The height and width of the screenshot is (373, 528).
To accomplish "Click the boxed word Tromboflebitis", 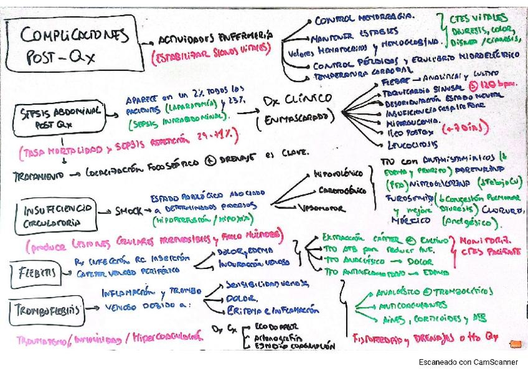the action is [48, 307].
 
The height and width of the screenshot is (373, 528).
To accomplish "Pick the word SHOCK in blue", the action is [128, 210].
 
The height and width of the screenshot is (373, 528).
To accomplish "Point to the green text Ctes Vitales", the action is [481, 18].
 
